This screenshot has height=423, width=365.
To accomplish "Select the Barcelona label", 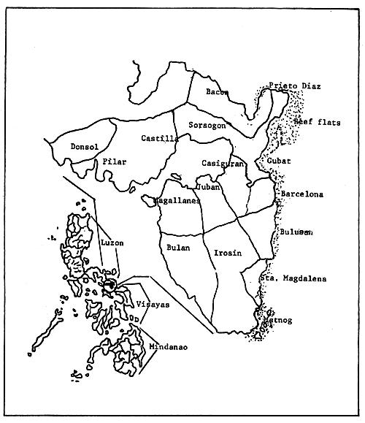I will (302, 195).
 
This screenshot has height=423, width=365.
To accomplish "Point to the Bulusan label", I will (296, 232).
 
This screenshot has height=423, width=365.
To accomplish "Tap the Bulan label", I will (178, 248).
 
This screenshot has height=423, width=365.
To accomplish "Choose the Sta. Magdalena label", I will (293, 278).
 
